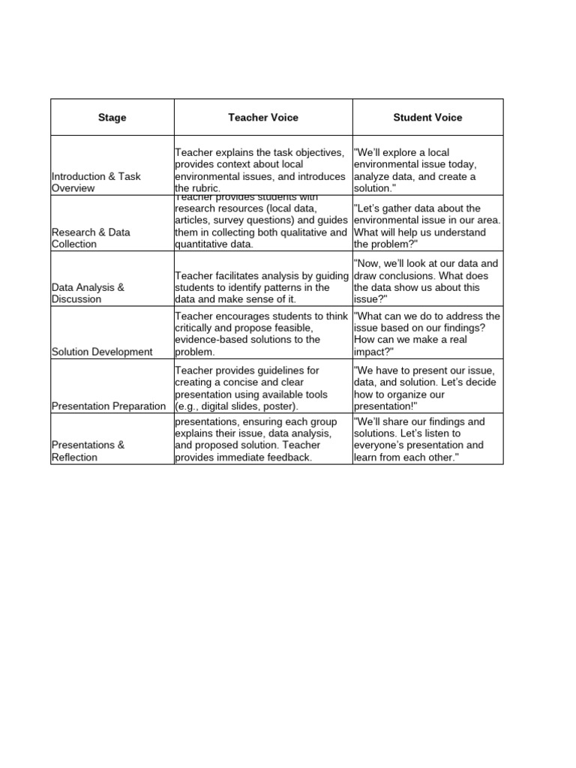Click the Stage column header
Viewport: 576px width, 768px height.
(112, 118)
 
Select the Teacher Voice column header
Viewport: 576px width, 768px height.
(263, 117)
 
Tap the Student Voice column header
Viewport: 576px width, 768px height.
(427, 117)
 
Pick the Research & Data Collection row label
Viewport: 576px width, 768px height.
(88, 238)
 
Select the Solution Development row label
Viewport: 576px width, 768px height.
(102, 352)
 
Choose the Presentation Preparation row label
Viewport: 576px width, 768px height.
(109, 406)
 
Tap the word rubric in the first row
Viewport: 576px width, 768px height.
(204, 188)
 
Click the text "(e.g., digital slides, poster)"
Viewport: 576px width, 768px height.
(236, 406)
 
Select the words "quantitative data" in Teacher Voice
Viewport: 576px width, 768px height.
(214, 244)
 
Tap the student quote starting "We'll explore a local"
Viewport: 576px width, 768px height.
(415, 170)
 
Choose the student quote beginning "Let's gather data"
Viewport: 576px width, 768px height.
(427, 226)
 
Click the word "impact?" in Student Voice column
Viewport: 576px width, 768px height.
(373, 352)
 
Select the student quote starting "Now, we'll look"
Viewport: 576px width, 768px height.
(425, 281)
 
